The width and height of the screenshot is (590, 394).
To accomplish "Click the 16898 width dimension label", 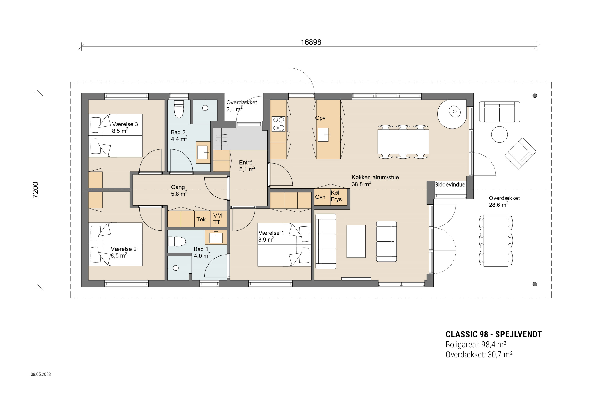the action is coord(311,42).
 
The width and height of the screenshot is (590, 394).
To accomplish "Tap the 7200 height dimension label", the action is coord(36,190).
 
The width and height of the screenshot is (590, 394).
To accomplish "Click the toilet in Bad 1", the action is coord(177,242).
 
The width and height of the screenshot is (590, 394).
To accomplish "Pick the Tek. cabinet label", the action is coord(202,219).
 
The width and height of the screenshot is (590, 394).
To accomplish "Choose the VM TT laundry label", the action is coord(217,219).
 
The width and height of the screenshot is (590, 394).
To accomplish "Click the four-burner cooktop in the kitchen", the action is coord(278,124).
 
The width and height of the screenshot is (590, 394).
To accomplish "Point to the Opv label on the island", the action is coord(320,118).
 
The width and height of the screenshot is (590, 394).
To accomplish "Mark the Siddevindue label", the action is coord(450,185).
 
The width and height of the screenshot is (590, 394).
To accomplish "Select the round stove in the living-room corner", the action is coord(452,114).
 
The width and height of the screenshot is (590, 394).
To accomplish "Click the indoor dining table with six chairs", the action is coord(403,142).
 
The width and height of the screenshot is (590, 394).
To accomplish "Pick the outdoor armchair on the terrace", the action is coord(520,153).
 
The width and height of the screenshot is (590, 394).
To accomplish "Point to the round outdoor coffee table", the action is coord(499,134).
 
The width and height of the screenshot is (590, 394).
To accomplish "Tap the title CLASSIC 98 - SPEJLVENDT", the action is coord(494,334).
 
